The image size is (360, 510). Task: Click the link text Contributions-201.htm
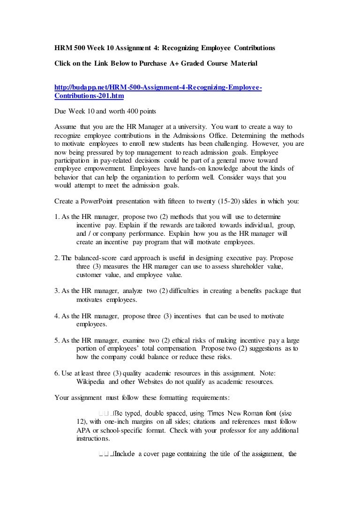tap(90, 96)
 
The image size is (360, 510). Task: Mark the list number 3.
tap(58, 291)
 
